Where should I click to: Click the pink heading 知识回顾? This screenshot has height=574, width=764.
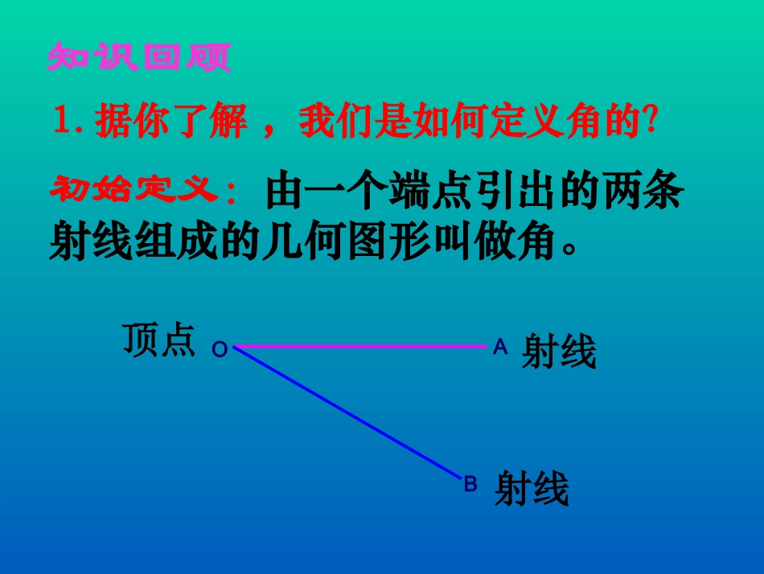click(x=138, y=57)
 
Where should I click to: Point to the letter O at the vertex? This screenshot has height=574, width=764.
click(x=220, y=350)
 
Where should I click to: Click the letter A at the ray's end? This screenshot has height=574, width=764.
click(x=500, y=347)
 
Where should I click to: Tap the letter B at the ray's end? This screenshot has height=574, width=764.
click(x=470, y=484)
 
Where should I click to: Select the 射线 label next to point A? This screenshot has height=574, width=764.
click(x=560, y=352)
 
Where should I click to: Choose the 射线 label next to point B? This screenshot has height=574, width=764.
click(x=532, y=489)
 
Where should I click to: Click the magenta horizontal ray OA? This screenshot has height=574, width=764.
click(x=362, y=346)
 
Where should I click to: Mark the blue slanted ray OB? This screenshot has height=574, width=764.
click(x=346, y=412)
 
